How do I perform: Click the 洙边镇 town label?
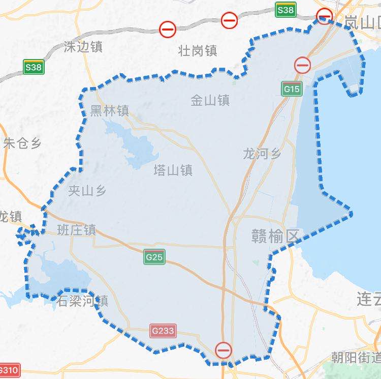83,47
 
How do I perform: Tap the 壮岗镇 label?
198,51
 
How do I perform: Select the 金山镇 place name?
210,100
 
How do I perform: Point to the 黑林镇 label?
109,111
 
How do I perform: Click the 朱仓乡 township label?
22,143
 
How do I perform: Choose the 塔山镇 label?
173,170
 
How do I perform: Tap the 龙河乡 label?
262,153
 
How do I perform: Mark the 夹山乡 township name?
87,191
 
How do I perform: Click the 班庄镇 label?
77,230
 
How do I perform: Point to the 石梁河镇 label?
82,301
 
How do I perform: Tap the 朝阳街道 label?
356,357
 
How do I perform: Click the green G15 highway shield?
292,89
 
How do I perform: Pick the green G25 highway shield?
154,257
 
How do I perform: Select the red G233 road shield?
163,331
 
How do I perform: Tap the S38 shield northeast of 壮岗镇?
285,10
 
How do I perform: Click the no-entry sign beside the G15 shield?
303,65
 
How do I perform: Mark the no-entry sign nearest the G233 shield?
224,351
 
